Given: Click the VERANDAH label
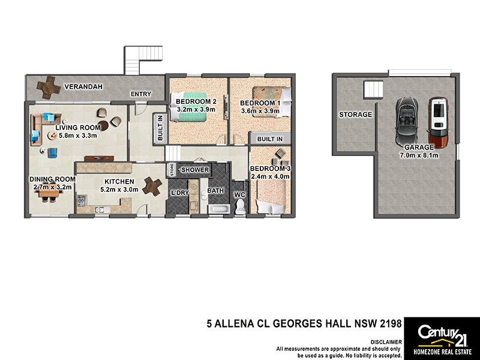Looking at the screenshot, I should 84,86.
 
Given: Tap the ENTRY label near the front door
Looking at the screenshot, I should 142,94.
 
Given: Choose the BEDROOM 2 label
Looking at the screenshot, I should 196,102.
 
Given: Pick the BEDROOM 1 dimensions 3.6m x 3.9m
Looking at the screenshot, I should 259,110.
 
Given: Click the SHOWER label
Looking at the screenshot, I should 195,170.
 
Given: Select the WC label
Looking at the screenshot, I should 239,195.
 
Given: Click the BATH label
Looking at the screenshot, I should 215,191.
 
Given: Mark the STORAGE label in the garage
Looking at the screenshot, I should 355,115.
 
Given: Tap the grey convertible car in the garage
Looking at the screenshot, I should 407,120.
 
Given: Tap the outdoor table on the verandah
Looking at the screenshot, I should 47,88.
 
